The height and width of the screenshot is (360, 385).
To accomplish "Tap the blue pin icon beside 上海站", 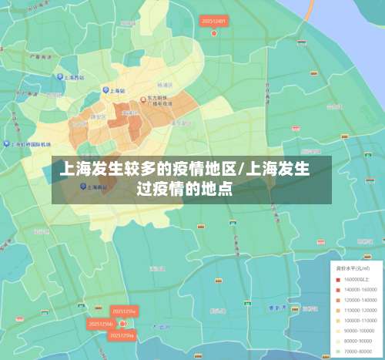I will click(105, 90).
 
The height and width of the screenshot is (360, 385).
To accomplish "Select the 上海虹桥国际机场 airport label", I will click(31, 144).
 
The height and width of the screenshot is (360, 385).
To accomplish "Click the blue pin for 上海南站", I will click(83, 186).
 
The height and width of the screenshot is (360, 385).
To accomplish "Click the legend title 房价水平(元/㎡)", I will click(350, 267).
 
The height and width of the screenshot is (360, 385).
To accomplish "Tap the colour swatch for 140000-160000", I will click(337, 288).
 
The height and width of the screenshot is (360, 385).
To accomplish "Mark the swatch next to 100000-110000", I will click(337, 319).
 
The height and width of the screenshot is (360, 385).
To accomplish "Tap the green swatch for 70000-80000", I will click(337, 351).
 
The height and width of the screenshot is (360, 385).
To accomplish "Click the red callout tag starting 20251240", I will click(213, 21).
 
